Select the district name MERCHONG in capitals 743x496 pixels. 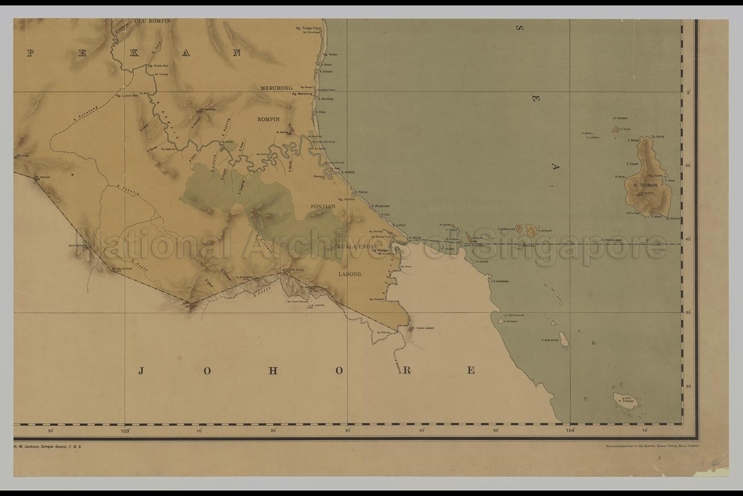pos(276,88)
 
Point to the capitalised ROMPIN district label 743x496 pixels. pos(268,119)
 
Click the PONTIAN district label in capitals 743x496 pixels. pos(323,206)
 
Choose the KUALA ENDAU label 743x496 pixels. pos(357,247)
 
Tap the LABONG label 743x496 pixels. pos(349,274)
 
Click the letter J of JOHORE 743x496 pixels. pos(141,371)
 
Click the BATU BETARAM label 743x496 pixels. pos(80,246)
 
